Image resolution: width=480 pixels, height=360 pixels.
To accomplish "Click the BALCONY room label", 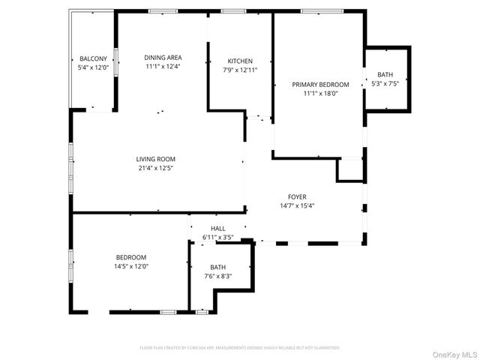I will click(x=92, y=58).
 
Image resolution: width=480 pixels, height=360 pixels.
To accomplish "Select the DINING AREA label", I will click(x=163, y=57).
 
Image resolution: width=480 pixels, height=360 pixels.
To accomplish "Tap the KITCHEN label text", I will click(x=240, y=61).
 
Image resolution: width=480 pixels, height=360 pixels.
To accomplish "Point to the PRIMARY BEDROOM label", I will click(x=320, y=85).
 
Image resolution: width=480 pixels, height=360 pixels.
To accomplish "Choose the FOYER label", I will click(x=297, y=196).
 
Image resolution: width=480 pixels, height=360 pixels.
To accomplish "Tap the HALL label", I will click(x=217, y=229).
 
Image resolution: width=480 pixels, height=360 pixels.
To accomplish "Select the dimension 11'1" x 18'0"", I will click(x=320, y=94).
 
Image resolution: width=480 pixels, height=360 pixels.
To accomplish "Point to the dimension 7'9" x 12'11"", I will click(x=240, y=70).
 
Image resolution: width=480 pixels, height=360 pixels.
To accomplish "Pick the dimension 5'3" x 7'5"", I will click(x=385, y=83).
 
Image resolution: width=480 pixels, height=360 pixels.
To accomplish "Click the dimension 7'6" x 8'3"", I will click(x=217, y=275).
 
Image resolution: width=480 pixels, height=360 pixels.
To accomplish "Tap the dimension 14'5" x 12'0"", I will click(x=131, y=266).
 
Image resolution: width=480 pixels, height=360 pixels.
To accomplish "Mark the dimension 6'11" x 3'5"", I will click(x=217, y=238).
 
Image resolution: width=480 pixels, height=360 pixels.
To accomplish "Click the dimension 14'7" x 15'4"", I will click(x=297, y=205).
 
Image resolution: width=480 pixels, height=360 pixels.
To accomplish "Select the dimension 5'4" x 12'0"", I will click(x=92, y=67).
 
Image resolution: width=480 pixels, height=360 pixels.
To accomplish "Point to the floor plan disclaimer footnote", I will click(x=240, y=348).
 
